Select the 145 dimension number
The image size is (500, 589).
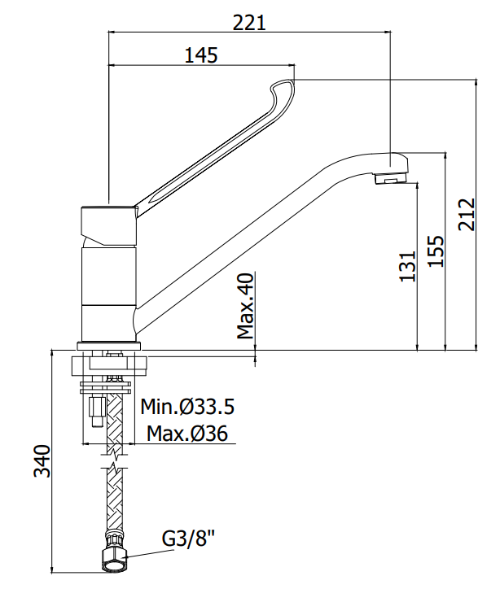pos(201,55)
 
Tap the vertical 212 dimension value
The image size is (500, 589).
pos(467,215)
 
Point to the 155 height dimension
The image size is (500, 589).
pos(436,251)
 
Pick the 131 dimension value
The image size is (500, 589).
pos(407,266)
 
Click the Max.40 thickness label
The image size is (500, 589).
pos(246,306)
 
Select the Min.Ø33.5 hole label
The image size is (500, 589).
pos(187,407)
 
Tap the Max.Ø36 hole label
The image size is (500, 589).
pos(187,434)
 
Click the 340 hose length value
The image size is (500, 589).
pos(42,461)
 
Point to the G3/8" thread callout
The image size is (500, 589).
pos(188,539)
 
